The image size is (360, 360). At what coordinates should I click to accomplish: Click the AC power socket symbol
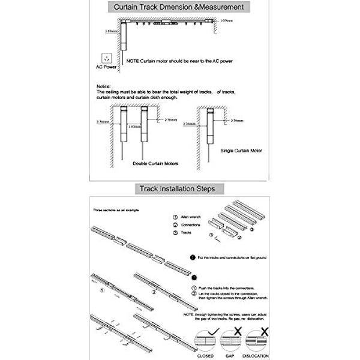pyautogui.click(x=106, y=58)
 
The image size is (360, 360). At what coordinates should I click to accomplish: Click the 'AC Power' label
pyautogui.click(x=106, y=68)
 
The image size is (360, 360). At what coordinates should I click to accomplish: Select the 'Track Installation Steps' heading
pyautogui.click(x=180, y=189)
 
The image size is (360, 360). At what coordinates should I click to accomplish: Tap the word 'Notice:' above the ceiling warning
pyautogui.click(x=104, y=86)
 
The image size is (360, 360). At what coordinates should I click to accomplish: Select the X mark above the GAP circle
pyautogui.click(x=238, y=331)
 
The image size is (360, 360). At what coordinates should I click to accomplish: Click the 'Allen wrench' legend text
pyautogui.click(x=191, y=216)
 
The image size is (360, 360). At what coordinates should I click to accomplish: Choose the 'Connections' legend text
pyautogui.click(x=191, y=224)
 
